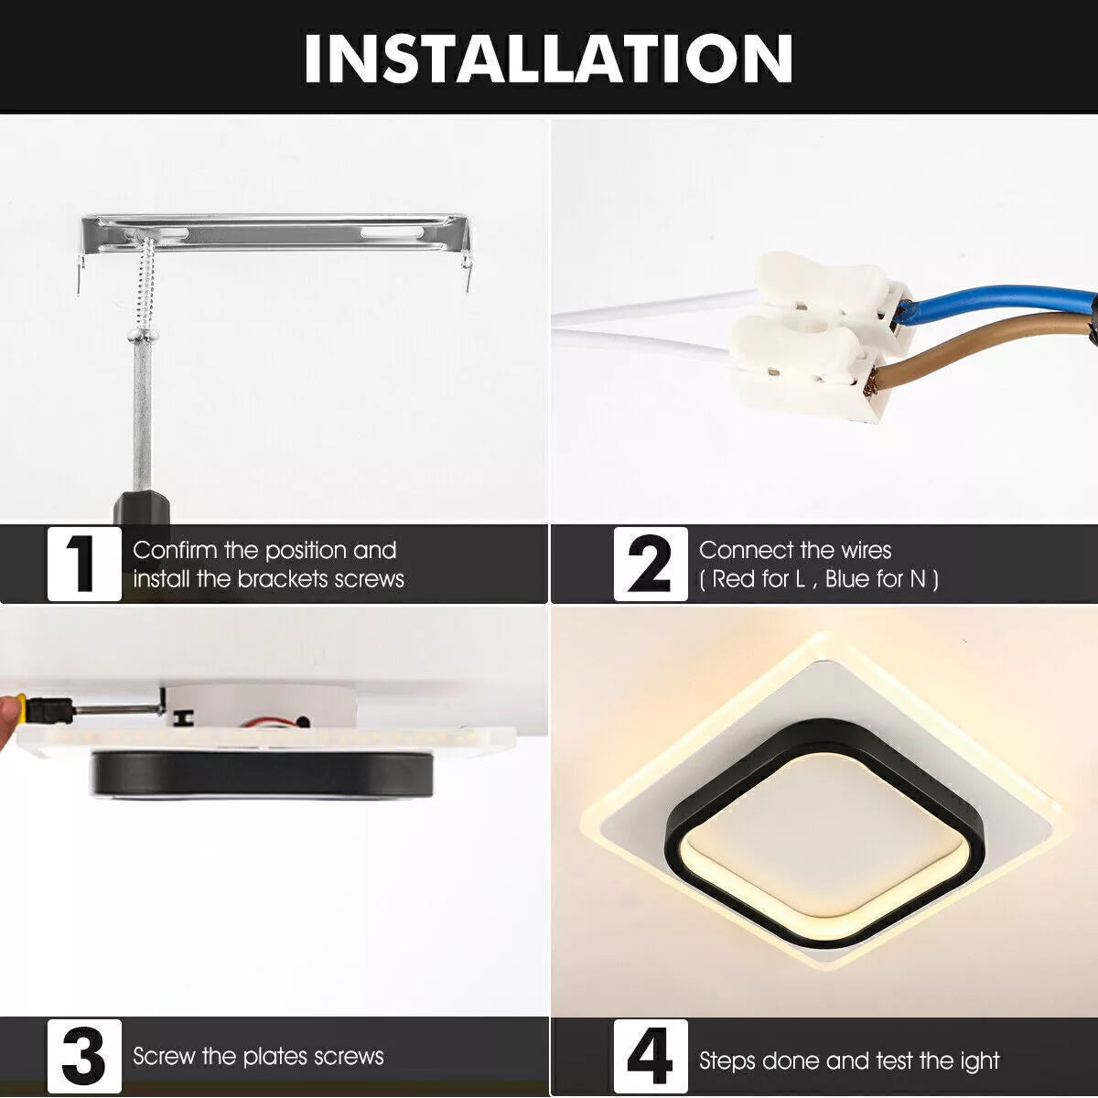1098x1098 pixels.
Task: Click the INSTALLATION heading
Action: pos(548,59)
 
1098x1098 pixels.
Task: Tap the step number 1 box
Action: pos(84,565)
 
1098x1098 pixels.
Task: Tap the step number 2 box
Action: pos(650,565)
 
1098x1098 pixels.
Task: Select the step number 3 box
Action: pos(84,1055)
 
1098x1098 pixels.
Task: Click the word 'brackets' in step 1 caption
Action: pos(283,579)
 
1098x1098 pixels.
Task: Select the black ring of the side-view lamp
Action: pos(261,773)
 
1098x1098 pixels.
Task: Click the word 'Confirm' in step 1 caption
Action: pos(175,550)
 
